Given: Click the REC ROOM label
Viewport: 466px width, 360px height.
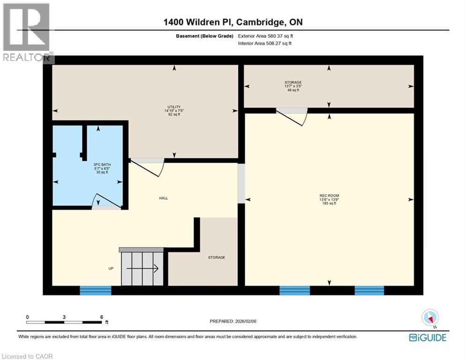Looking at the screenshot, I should (x=329, y=196).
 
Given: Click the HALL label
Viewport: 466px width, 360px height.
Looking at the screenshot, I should (x=163, y=198).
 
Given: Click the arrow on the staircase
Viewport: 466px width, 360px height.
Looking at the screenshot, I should (x=143, y=269).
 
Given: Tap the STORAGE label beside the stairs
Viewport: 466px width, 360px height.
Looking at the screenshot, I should (x=217, y=257).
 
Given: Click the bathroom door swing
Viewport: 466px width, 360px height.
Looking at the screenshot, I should (x=106, y=201).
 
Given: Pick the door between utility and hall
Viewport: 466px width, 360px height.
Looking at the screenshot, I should (x=147, y=166).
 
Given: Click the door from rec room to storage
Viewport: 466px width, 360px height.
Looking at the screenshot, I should (x=291, y=116).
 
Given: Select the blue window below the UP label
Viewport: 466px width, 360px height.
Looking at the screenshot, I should (x=96, y=291).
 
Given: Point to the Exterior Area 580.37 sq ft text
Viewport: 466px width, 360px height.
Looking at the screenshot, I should (x=266, y=36).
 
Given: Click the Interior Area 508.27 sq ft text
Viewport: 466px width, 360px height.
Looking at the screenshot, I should (x=265, y=44).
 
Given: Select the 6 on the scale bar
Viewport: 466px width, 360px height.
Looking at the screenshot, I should (x=102, y=317).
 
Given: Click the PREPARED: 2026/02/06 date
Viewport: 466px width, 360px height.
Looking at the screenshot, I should (x=234, y=322).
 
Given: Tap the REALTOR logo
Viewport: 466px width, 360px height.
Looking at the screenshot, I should (x=27, y=33).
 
